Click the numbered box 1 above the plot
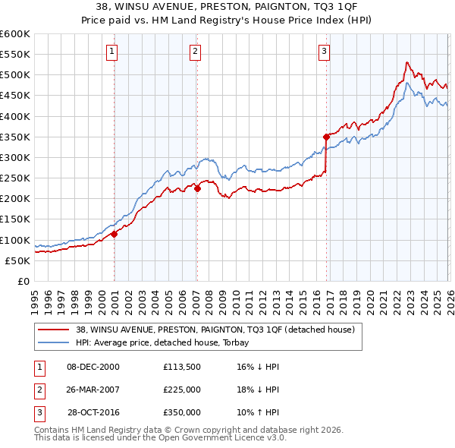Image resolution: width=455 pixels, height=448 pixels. pyautogui.click(x=111, y=52)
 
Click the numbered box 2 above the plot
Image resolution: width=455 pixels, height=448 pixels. pyautogui.click(x=195, y=52)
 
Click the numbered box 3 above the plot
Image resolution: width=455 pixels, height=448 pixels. pyautogui.click(x=324, y=52)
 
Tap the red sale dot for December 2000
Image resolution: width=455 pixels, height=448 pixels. pyautogui.click(x=115, y=235)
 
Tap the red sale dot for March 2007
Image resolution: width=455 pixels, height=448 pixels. pyautogui.click(x=197, y=188)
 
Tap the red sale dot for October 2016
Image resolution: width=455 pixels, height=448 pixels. pyautogui.click(x=326, y=137)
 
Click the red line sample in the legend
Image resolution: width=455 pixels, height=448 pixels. pyautogui.click(x=53, y=330)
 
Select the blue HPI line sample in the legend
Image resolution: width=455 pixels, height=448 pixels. pyautogui.click(x=53, y=342)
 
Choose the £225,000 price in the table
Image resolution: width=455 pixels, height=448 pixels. pyautogui.click(x=182, y=390)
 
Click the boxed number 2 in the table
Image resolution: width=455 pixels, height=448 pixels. pyautogui.click(x=37, y=390)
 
